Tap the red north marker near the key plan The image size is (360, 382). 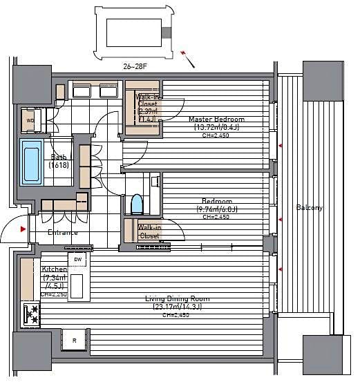click(x=184, y=53)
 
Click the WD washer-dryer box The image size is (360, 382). click(x=30, y=120)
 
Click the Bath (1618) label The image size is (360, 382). click(x=59, y=161)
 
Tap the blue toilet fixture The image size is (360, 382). click(x=135, y=204)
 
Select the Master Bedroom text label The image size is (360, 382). click(x=216, y=119)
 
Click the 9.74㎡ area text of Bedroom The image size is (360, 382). click(x=207, y=209)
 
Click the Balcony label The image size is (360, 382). click(x=309, y=207)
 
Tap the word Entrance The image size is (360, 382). click(x=62, y=233)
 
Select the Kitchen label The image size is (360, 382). click(x=54, y=269)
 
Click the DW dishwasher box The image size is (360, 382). click(x=78, y=259)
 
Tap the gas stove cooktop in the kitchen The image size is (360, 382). click(x=31, y=314)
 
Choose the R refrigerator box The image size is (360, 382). click(x=74, y=339)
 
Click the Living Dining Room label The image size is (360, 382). click(x=177, y=298)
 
